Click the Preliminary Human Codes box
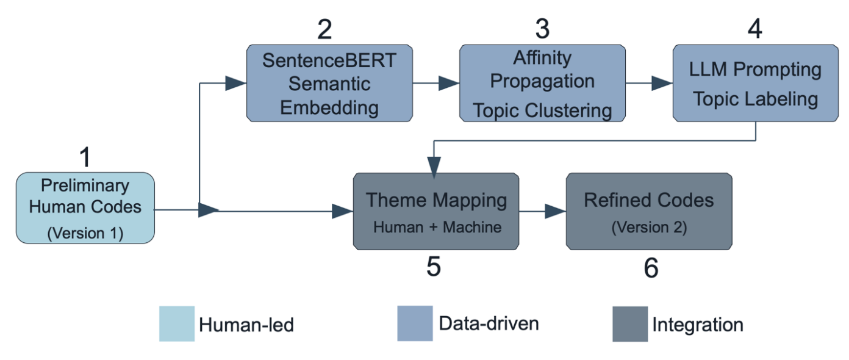click(x=85, y=208)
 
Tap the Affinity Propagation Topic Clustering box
click(x=542, y=83)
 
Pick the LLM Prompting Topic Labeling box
click(x=755, y=83)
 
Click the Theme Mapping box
click(x=436, y=211)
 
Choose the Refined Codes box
click(x=649, y=211)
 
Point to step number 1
click(x=85, y=157)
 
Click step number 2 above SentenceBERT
click(x=325, y=29)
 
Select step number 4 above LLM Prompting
click(x=755, y=29)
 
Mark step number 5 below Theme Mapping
click(x=434, y=267)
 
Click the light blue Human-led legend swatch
click(x=177, y=323)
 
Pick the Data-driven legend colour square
click(x=415, y=323)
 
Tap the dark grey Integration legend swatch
click(x=630, y=324)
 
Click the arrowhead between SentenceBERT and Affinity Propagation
click(x=449, y=84)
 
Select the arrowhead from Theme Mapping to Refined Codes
click(x=556, y=211)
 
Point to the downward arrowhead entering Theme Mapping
click(x=434, y=167)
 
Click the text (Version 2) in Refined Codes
click(x=649, y=228)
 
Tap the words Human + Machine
click(x=437, y=227)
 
